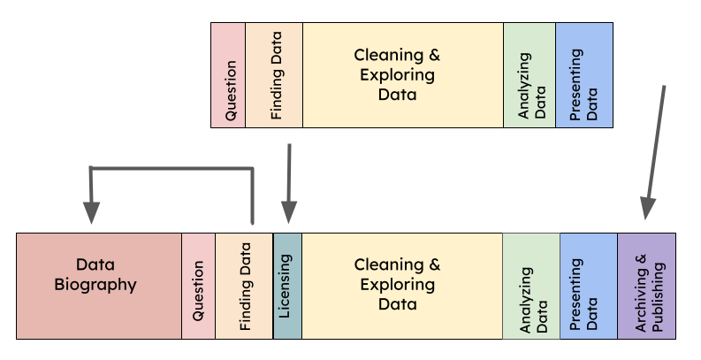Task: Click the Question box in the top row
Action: pos(228,75)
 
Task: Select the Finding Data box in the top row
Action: pos(274,75)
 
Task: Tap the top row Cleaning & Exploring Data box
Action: pos(402,75)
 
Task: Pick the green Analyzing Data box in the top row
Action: pos(530,75)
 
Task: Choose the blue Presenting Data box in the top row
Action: pos(583,75)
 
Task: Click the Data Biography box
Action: pos(98,286)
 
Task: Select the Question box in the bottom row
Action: pos(198,286)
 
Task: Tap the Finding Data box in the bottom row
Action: pos(244,286)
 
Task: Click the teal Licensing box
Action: pos(287,286)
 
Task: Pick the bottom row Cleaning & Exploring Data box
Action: pos(402,286)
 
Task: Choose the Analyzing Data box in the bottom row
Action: pos(531,286)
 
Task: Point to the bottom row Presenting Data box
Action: pos(589,286)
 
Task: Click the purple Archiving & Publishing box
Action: pos(647,286)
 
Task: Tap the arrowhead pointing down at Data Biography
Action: pos(91,212)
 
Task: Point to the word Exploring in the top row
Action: pos(397,75)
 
